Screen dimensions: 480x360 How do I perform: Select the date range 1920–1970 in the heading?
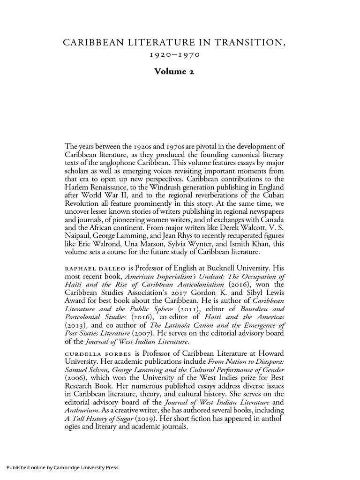pos(174,56)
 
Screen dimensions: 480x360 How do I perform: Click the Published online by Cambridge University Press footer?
pos(62,467)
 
